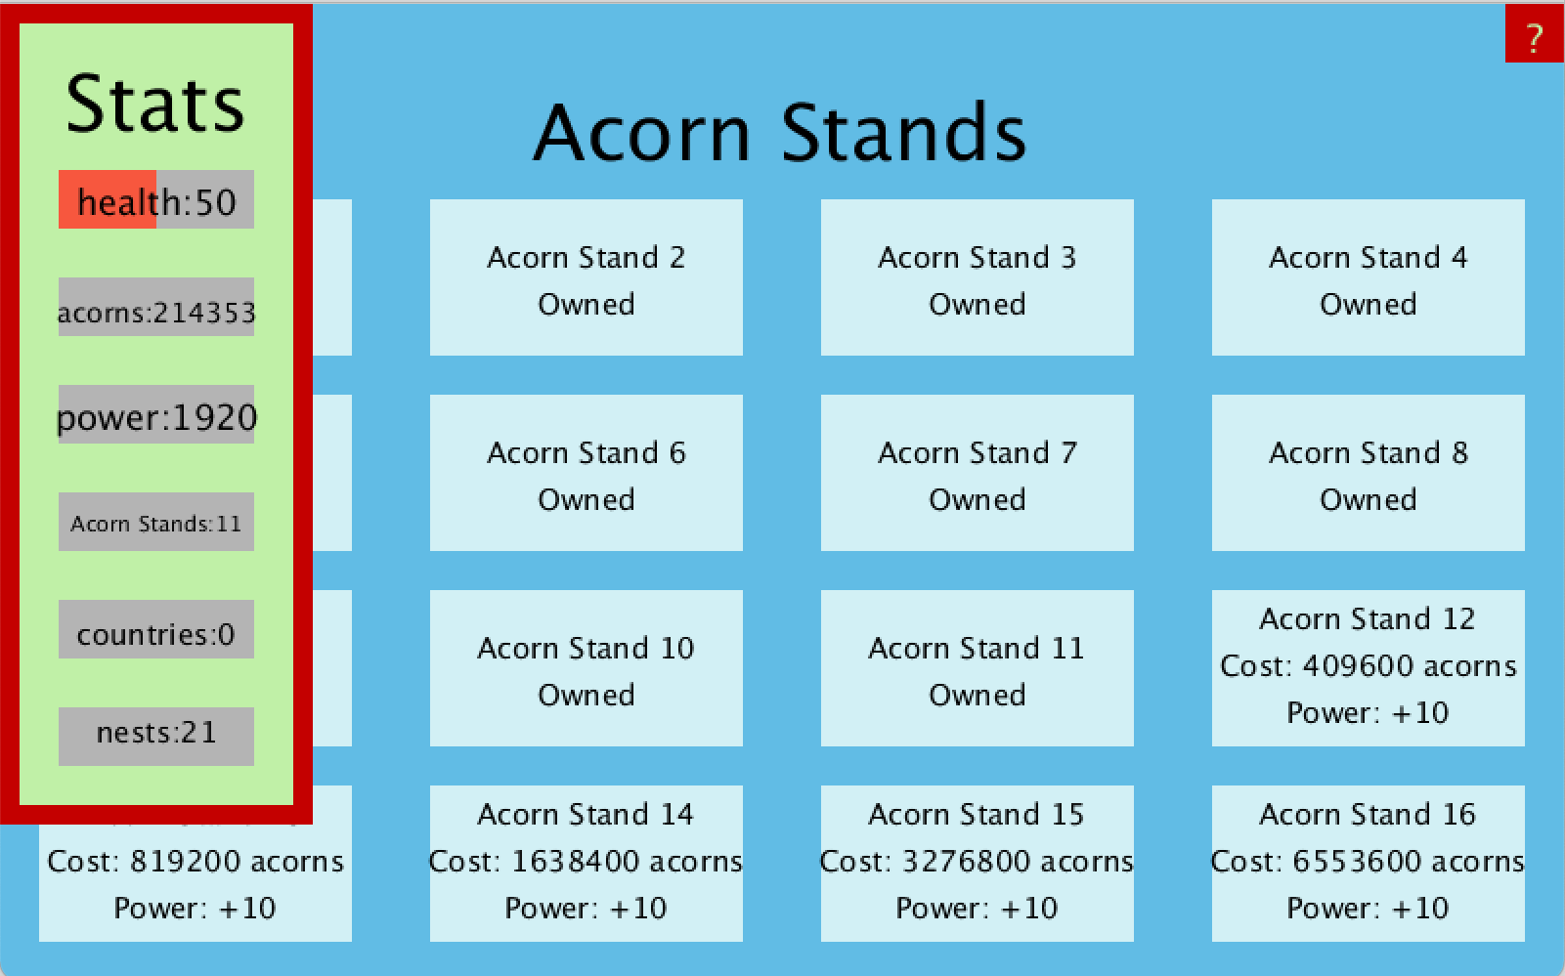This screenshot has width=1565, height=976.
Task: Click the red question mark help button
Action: pyautogui.click(x=1535, y=33)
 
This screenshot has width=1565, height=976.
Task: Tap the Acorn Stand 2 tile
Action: pyautogui.click(x=587, y=277)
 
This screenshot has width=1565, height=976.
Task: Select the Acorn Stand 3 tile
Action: pyautogui.click(x=978, y=277)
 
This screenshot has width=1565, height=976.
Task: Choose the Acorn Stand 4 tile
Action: pyautogui.click(x=1368, y=277)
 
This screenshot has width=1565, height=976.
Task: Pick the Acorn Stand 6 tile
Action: pyautogui.click(x=587, y=473)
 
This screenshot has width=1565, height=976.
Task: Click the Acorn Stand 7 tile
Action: pyautogui.click(x=978, y=473)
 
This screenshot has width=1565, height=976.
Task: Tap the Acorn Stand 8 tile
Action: pyautogui.click(x=1368, y=473)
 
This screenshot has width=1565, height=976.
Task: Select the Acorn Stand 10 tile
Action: pyautogui.click(x=587, y=668)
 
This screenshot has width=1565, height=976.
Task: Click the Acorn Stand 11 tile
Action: pyautogui.click(x=978, y=668)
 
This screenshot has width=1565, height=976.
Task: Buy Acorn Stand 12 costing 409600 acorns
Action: pyautogui.click(x=1368, y=668)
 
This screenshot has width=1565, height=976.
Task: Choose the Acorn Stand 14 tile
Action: pyautogui.click(x=587, y=864)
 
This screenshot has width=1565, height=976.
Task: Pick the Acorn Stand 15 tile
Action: pyautogui.click(x=978, y=864)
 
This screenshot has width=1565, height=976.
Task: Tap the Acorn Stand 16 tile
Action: pyautogui.click(x=1368, y=864)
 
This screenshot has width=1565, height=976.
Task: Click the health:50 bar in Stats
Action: pyautogui.click(x=156, y=199)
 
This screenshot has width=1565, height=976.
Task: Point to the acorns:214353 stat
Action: pyautogui.click(x=156, y=307)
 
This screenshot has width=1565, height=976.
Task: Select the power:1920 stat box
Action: pyautogui.click(x=156, y=414)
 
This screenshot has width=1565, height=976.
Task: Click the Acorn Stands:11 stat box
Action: pyautogui.click(x=156, y=522)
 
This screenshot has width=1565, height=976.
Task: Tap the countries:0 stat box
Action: pyautogui.click(x=156, y=629)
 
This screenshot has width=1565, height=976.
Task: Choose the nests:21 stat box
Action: pyautogui.click(x=156, y=737)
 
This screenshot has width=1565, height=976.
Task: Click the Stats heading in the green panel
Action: pyautogui.click(x=155, y=104)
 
